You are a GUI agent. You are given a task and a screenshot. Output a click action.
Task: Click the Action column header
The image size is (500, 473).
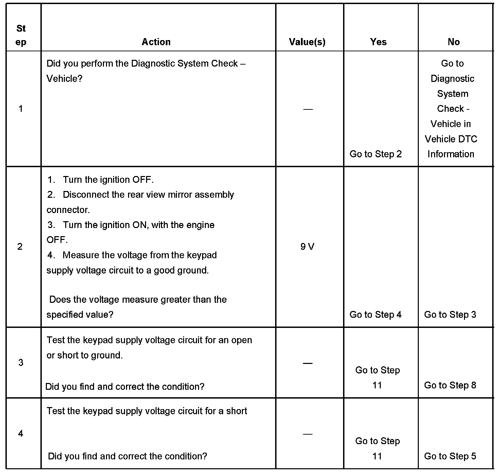pos(156,42)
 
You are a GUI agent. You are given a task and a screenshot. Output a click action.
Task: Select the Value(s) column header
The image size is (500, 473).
pos(307,42)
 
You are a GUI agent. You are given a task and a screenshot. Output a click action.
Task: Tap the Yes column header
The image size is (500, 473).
pos(378,42)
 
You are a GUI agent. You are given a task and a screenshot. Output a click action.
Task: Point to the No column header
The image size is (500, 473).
pos(453,42)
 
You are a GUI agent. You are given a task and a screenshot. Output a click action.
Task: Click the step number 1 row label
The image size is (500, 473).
pos(21,109)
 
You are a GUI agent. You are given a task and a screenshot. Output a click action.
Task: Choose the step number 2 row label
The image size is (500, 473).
pos(20,246)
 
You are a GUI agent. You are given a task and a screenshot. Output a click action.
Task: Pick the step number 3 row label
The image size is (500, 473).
pos(21,363)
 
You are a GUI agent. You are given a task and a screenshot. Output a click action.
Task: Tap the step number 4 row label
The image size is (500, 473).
pos(21,434)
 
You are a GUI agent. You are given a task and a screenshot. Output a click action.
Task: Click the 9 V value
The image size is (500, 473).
pos(307,247)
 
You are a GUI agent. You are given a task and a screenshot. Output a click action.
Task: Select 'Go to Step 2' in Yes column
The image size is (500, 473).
pos(375,154)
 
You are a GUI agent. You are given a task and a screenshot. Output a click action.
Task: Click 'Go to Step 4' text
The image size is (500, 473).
pos(375,315)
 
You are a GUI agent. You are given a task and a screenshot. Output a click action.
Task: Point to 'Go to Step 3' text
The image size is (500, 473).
pos(450,315)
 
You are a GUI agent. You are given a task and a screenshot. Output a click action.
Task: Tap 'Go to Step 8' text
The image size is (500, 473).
pos(450,385)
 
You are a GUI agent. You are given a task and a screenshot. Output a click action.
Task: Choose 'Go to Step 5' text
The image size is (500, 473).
pos(450,456)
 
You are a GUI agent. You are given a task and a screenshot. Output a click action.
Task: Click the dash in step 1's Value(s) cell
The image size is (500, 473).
pos(308,109)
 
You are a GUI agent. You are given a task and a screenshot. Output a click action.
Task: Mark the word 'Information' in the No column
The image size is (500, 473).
pos(451,154)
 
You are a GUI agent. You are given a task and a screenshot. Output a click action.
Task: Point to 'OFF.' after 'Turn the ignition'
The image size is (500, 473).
pos(143,179)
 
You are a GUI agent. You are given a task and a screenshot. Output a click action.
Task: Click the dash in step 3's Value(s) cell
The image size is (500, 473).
pos(308,363)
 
